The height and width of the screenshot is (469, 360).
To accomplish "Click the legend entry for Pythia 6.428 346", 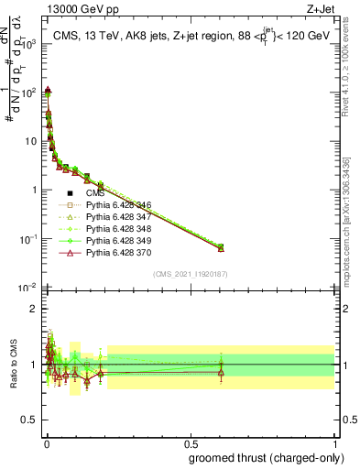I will [x=113, y=206].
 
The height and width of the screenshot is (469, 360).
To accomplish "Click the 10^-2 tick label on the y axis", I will [x=28, y=288].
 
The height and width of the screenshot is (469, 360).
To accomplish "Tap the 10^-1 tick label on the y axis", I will [x=28, y=239].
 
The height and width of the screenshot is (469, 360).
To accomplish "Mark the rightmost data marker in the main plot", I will [x=220, y=247].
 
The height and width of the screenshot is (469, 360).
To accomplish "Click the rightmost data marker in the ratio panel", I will [x=220, y=371].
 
